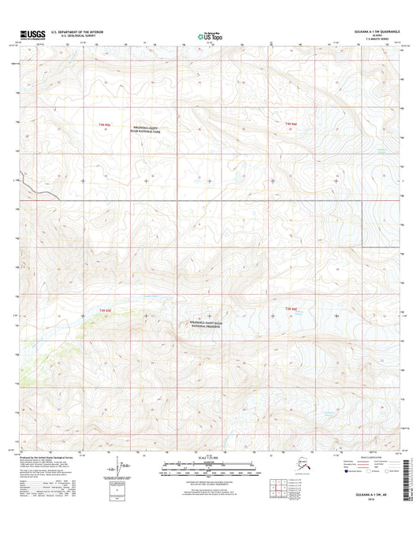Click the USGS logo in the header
point(29,35)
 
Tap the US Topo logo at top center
point(209,35)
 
